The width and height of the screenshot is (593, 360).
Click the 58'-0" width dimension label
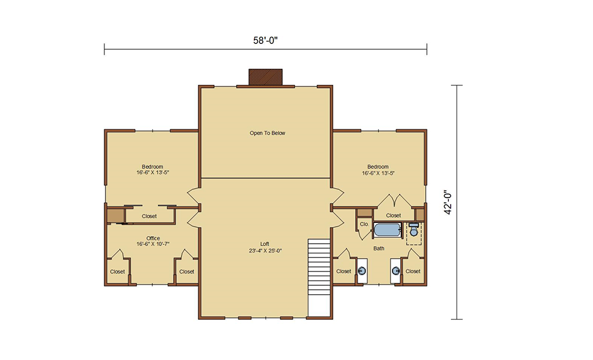point(266,40)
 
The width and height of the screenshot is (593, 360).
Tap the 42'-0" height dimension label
point(448,202)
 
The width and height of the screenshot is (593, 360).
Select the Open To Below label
point(267,133)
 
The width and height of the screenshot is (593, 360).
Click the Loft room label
point(264,244)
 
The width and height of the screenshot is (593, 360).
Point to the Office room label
point(153,238)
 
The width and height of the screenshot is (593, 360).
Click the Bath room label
point(378,249)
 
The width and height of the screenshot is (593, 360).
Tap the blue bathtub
point(387,230)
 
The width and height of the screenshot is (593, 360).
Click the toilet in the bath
point(414,230)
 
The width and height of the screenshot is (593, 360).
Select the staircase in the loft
point(319,278)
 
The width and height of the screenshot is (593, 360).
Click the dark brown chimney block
point(266,77)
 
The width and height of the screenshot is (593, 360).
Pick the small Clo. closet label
point(364,224)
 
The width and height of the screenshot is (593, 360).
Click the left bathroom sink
point(362,271)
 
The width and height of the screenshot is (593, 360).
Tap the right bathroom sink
point(396,271)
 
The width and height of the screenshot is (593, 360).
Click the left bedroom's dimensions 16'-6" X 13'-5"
point(153,173)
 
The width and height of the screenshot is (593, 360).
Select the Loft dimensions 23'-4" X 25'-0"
point(266,250)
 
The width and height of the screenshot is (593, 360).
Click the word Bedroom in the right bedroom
point(378,167)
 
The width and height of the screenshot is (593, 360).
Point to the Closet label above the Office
point(149,216)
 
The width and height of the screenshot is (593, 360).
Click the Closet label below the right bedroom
point(393,215)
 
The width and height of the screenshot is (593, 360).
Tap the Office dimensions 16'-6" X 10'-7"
point(153,244)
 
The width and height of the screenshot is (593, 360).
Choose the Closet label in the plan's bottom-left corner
point(117,272)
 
